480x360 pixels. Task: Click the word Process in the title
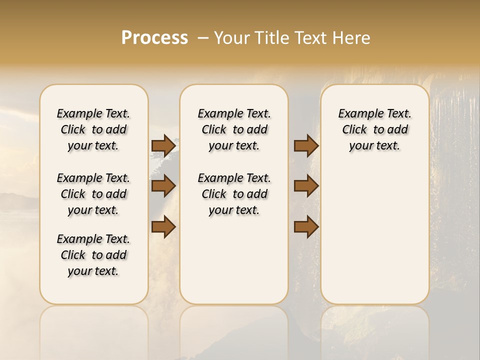click(x=154, y=38)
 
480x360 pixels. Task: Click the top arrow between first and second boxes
click(x=163, y=145)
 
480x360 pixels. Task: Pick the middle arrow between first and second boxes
click(x=163, y=186)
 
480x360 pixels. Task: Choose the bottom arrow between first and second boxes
click(x=163, y=227)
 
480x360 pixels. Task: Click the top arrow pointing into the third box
click(x=306, y=145)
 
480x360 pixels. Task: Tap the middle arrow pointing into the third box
click(x=306, y=186)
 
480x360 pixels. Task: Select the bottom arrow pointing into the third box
click(x=306, y=227)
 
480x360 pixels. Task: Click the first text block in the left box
click(x=93, y=129)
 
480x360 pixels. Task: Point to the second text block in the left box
click(x=93, y=194)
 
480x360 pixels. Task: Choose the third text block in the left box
click(x=93, y=255)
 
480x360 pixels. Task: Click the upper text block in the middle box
click(x=234, y=129)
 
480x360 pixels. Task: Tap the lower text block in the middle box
click(x=234, y=194)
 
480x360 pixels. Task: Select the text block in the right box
click(x=375, y=129)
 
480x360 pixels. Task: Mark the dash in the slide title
click(x=202, y=38)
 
